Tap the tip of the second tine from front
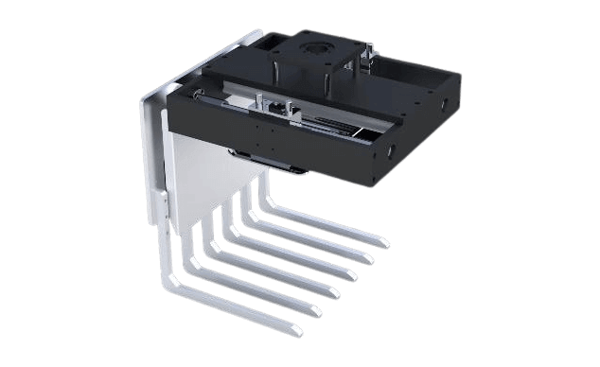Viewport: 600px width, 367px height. pyautogui.click(x=314, y=310)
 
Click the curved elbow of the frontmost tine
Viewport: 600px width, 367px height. pyautogui.click(x=171, y=281)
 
